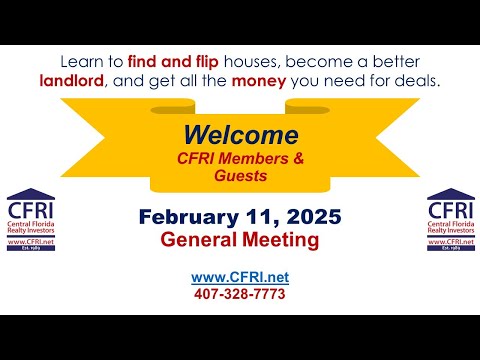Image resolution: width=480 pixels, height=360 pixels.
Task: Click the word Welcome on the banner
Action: click(x=241, y=135)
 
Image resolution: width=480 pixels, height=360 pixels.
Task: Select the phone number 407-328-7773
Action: click(x=240, y=294)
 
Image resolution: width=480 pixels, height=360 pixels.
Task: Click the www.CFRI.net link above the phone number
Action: click(x=240, y=277)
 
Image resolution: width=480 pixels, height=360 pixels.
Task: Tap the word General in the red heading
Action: click(x=201, y=240)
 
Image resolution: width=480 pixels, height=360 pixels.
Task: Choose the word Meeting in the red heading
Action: click(x=280, y=240)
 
